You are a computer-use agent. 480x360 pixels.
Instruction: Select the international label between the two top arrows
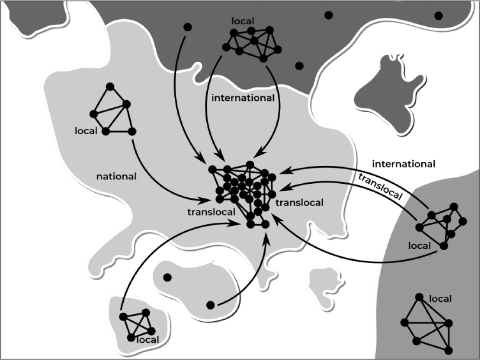(242, 98)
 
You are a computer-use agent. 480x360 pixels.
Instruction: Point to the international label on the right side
(403, 164)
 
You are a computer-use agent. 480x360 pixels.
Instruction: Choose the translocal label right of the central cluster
(299, 202)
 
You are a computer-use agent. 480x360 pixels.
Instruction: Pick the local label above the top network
(243, 21)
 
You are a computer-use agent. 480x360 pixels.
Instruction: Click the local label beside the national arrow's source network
(85, 131)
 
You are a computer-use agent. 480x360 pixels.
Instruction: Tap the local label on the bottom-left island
(148, 340)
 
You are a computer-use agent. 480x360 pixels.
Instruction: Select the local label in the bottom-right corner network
(441, 299)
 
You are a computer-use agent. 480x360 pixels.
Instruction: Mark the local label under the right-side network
(419, 244)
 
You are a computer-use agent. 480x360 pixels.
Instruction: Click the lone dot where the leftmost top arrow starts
(187, 27)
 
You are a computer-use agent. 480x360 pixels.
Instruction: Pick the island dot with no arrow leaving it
(167, 278)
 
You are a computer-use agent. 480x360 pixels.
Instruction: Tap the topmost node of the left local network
(109, 87)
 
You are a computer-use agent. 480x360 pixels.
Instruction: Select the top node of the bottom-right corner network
(419, 297)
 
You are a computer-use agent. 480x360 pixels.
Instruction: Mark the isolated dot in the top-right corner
(439, 15)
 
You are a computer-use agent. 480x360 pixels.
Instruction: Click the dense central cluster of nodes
(246, 191)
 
